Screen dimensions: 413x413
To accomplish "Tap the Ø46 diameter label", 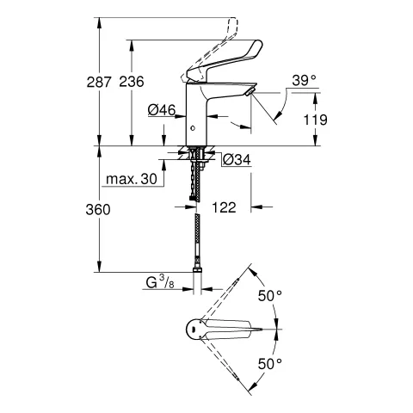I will pos(162,110).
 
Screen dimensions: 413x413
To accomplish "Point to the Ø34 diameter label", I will pos(236,159).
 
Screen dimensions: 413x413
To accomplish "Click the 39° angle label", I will pos(304,80).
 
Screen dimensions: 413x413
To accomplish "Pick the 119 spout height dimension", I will pos(316,120).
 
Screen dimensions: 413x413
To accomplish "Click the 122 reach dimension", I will pos(223,207).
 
